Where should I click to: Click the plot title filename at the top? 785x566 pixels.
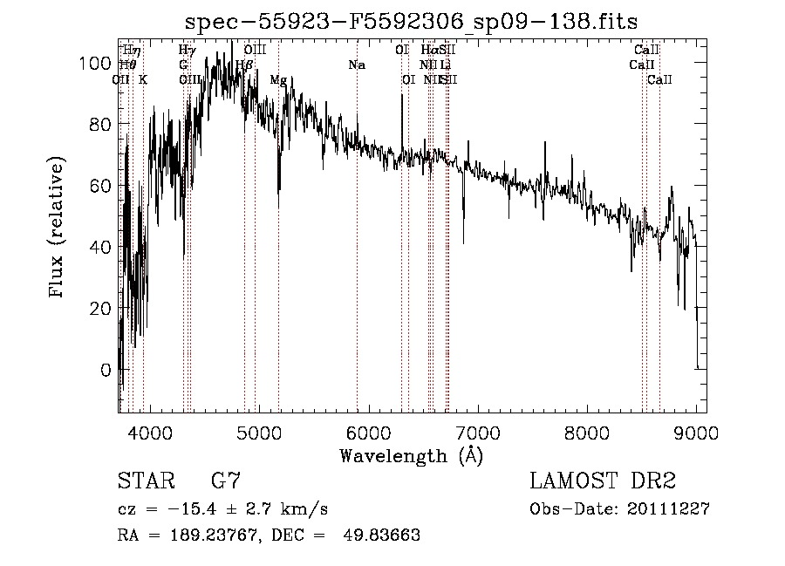411,20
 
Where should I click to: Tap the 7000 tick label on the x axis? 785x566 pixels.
478,432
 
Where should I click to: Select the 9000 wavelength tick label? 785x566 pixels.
696,432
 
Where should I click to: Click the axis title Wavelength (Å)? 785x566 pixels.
411,455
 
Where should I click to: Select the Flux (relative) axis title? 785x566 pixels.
58,228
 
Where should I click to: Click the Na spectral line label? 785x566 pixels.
357,65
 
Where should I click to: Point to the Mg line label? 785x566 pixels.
278,80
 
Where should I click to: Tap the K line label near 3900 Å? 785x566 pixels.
143,80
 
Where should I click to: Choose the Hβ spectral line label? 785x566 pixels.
245,65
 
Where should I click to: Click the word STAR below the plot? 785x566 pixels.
146,481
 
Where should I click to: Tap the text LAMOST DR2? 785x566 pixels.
603,481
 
